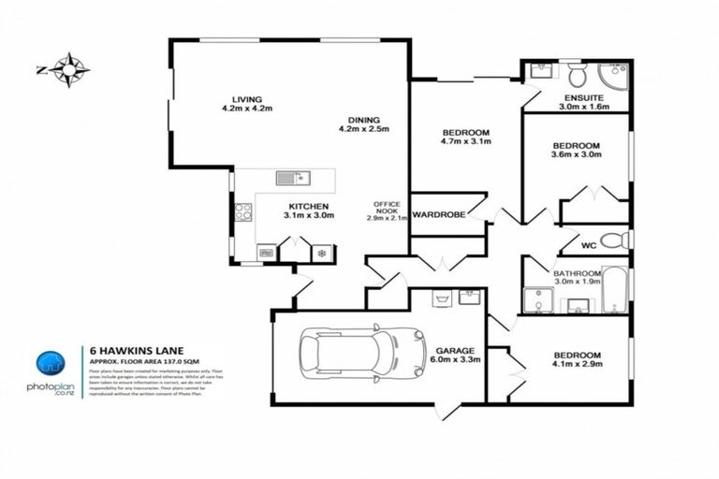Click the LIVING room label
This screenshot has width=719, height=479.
pyautogui.click(x=247, y=104)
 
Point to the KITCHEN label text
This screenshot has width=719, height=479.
pyautogui.click(x=305, y=210)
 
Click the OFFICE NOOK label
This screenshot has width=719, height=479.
pyautogui.click(x=387, y=210)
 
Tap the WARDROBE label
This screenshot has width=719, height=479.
pyautogui.click(x=439, y=214)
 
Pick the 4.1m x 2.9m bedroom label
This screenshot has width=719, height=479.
pyautogui.click(x=577, y=361)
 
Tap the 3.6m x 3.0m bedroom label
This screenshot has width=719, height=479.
pyautogui.click(x=576, y=152)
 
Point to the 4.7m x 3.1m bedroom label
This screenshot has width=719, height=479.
pyautogui.click(x=465, y=138)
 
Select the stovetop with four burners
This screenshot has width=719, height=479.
pyautogui.click(x=242, y=211)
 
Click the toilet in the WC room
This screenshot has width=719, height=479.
pyautogui.click(x=613, y=239)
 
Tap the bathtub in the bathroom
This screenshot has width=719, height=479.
pyautogui.click(x=613, y=290)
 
